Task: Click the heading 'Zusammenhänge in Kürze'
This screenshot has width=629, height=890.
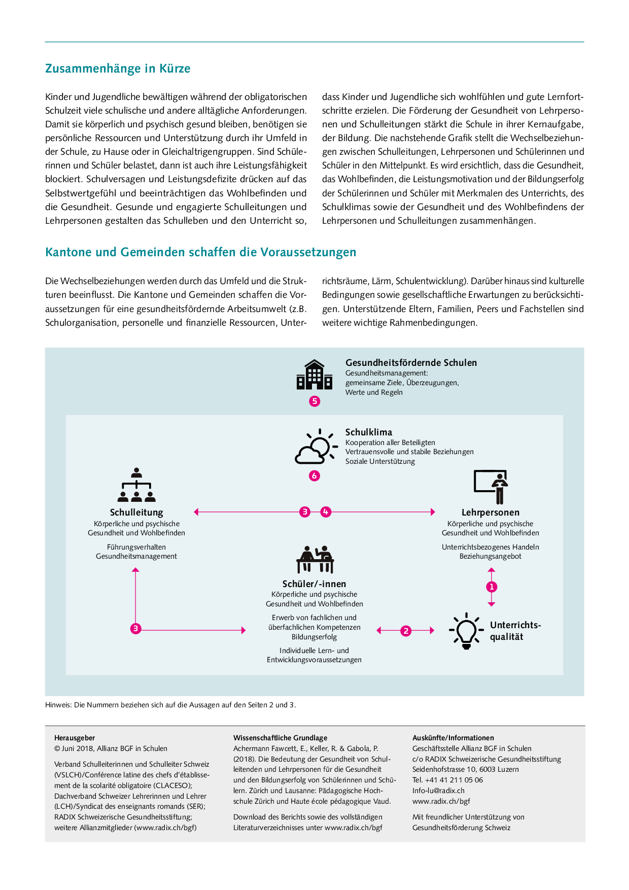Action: pos(118,69)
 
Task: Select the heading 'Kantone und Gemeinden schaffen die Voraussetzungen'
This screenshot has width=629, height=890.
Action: pos(200,252)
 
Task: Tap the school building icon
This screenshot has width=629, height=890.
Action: pos(314,375)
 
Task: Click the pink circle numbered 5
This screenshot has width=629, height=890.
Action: pos(314,401)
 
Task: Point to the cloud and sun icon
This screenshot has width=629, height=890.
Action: pos(316,447)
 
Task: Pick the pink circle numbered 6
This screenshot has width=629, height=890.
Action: pos(314,476)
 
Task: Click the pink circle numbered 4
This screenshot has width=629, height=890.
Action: pos(326,512)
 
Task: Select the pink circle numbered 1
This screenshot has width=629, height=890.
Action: pos(492,587)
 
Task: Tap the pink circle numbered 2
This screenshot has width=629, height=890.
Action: pos(406,631)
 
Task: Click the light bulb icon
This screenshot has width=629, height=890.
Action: pos(466,631)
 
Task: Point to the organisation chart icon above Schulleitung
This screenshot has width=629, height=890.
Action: pos(136,485)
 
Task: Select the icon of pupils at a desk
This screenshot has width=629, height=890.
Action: pos(314,560)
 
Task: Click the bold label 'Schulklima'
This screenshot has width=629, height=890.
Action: pos(369,432)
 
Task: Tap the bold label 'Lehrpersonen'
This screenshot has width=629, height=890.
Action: pos(491,512)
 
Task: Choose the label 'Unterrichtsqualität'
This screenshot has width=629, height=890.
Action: pos(515,631)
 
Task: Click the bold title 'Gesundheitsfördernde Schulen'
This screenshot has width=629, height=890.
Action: pos(411,363)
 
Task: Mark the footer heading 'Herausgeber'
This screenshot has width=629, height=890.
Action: pos(75,738)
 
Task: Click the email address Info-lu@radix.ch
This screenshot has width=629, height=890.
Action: pos(438,791)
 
